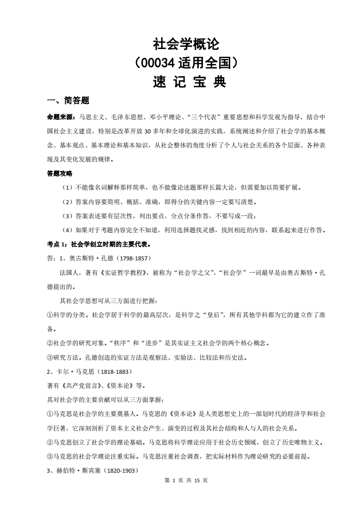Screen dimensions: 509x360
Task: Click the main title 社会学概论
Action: click(186, 44)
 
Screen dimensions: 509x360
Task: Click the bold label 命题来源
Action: click(62, 117)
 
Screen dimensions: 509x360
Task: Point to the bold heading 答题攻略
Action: click(60, 174)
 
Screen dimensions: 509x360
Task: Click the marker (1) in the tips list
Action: click(67, 188)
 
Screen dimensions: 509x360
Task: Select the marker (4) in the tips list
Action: click(67, 230)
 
